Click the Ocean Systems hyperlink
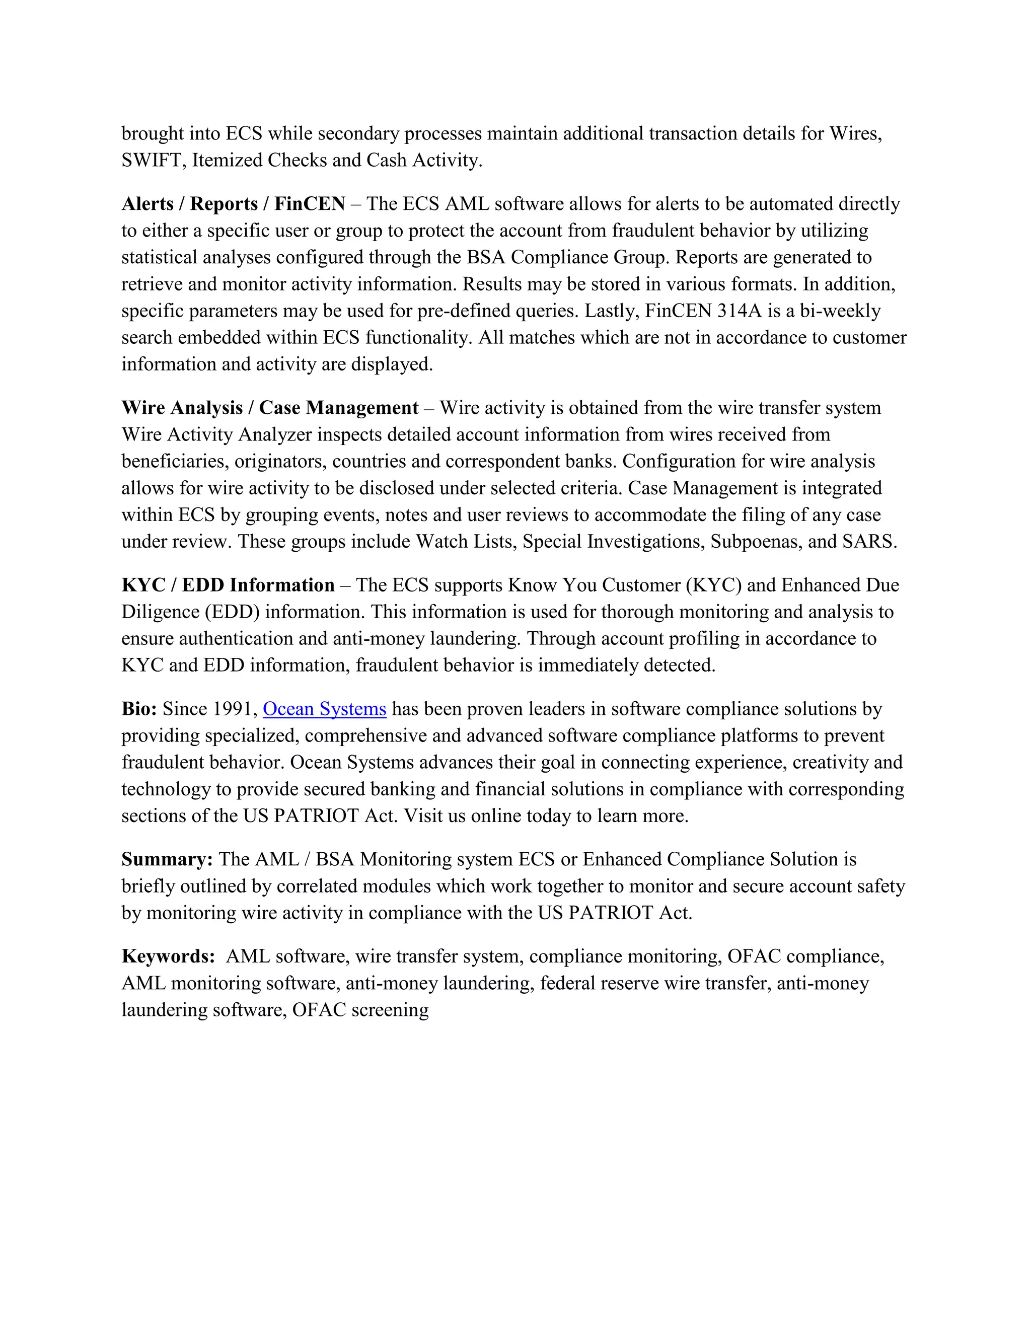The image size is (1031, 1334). (x=324, y=709)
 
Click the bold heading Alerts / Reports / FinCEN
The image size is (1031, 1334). (x=233, y=203)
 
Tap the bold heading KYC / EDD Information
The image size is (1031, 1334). (x=228, y=585)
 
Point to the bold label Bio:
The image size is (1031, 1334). (x=139, y=709)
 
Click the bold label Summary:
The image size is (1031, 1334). (x=167, y=859)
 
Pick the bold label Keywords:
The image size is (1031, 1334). (x=168, y=956)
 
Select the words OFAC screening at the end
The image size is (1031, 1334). (x=360, y=1010)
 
